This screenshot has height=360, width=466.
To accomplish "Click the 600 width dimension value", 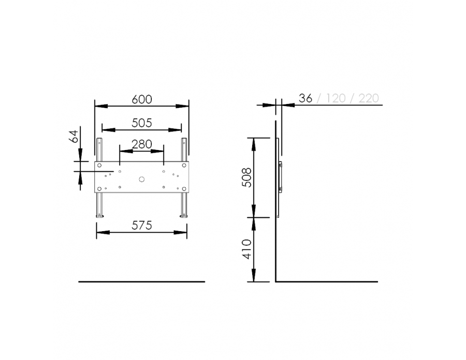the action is click(142, 99).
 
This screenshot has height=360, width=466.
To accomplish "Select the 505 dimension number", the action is click(142, 123).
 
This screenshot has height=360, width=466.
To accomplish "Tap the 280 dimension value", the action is click(142, 144).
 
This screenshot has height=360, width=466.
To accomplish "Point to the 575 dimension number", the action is click(142, 226).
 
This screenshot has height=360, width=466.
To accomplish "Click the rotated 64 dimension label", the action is click(74, 136).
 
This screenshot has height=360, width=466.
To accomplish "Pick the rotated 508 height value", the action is click(246, 177).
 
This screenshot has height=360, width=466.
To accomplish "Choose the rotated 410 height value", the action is click(246, 249).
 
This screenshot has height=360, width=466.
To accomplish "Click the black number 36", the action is click(305, 98).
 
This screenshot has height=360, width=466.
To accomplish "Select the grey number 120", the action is click(336, 98).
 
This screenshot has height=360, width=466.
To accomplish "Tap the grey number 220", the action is click(369, 98).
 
